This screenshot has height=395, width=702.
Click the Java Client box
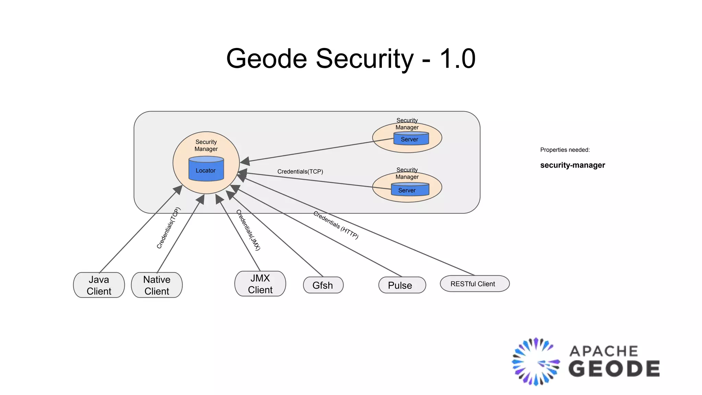(99, 285)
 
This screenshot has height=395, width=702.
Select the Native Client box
(157, 285)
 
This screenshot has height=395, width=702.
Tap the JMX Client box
(260, 284)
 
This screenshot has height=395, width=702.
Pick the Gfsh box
(323, 285)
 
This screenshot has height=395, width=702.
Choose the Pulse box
(402, 285)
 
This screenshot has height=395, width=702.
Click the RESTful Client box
(474, 284)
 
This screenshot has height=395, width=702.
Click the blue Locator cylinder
(206, 169)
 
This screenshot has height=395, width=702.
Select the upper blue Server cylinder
(411, 139)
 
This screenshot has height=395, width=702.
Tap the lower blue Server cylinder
(410, 190)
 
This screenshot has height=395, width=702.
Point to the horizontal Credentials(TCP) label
(300, 171)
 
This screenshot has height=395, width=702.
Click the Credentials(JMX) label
(249, 230)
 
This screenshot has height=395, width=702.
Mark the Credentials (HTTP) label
(336, 225)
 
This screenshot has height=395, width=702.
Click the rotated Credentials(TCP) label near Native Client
(168, 228)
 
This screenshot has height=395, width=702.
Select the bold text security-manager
(572, 165)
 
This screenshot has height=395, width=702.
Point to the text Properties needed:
(565, 150)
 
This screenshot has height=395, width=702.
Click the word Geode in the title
(267, 59)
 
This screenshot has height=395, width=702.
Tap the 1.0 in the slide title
(457, 59)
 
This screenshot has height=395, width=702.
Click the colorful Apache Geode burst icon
(535, 362)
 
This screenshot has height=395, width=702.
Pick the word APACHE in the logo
(604, 351)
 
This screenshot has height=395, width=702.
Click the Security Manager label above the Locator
(206, 145)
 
